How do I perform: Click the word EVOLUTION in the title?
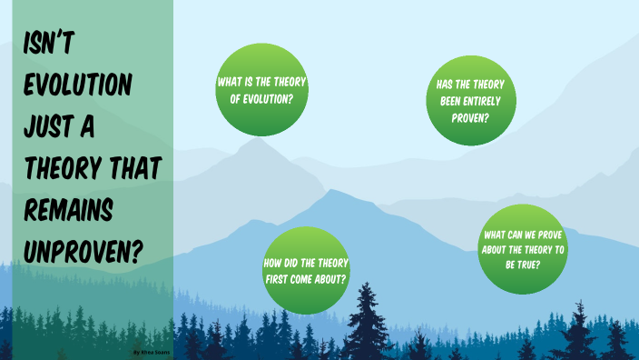(79, 86)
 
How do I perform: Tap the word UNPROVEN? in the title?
(83, 249)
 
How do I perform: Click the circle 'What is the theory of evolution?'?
(261, 88)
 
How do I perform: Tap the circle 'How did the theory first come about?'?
(305, 269)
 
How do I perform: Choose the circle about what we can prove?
(522, 248)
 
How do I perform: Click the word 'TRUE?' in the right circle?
(523, 265)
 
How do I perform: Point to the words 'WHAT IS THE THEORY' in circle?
(261, 81)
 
